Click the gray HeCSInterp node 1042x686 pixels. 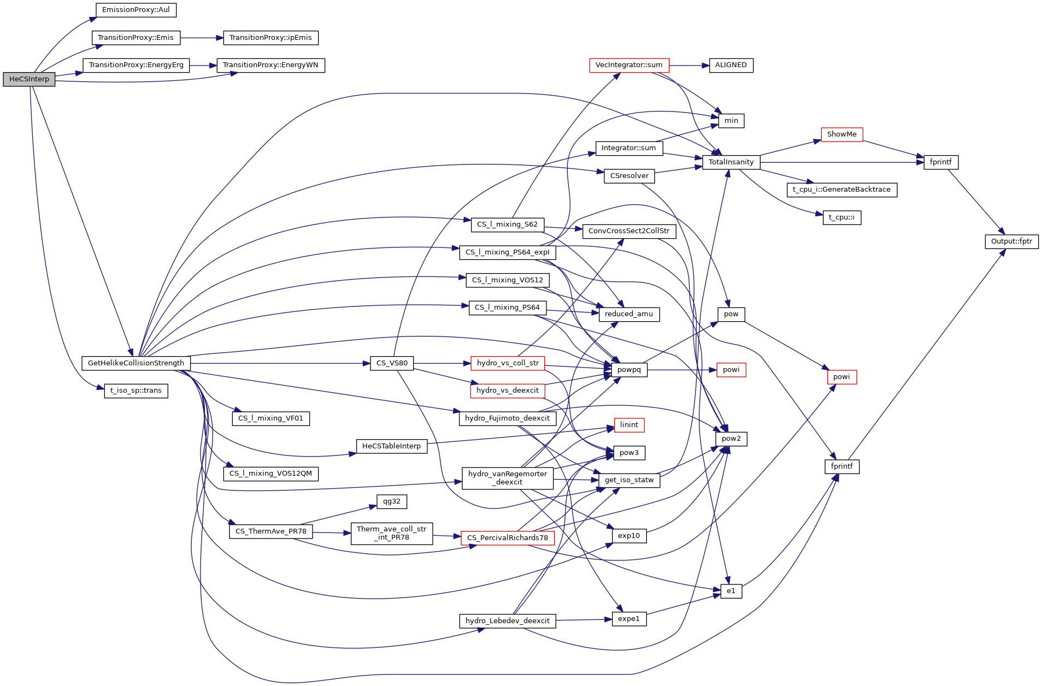(x=29, y=79)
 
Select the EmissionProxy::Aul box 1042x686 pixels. (x=136, y=10)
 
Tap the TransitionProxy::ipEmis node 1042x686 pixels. (x=270, y=38)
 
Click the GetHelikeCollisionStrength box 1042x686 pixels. (x=136, y=363)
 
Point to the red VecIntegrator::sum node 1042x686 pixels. (x=629, y=65)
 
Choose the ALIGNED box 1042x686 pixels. (x=731, y=65)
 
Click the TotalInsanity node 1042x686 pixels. (x=731, y=162)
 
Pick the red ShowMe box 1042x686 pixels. (x=841, y=134)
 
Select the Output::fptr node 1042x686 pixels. (x=1011, y=241)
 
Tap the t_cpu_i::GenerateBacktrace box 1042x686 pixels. (x=841, y=190)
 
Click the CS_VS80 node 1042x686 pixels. (x=392, y=363)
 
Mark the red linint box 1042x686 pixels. (x=629, y=425)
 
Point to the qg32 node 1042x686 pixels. (x=392, y=501)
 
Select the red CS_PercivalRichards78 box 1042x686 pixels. (x=508, y=538)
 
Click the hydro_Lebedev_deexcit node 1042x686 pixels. (x=508, y=621)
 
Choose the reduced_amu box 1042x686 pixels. (x=629, y=314)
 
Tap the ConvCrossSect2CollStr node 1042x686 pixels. (x=629, y=231)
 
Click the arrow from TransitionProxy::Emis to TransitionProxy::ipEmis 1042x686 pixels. (x=202, y=38)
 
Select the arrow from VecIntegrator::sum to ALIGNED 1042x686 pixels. (x=688, y=65)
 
